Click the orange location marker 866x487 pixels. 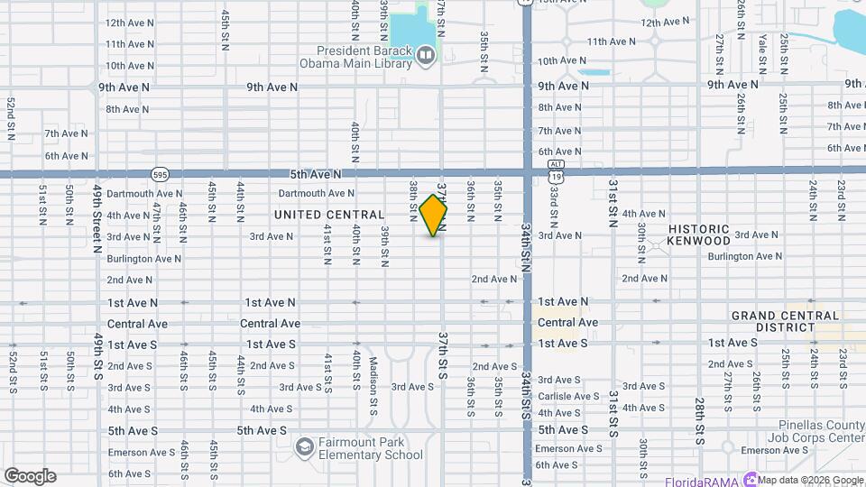[x=434, y=215]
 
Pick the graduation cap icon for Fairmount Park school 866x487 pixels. [x=305, y=446]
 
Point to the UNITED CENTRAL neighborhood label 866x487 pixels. [x=329, y=215]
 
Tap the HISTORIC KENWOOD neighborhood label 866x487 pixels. [x=699, y=235]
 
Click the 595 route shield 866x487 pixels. [x=160, y=173]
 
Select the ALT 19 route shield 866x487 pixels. [x=556, y=171]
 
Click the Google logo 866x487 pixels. [x=30, y=476]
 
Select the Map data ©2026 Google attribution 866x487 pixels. [x=811, y=480]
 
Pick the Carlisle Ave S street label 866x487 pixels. [x=568, y=396]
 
